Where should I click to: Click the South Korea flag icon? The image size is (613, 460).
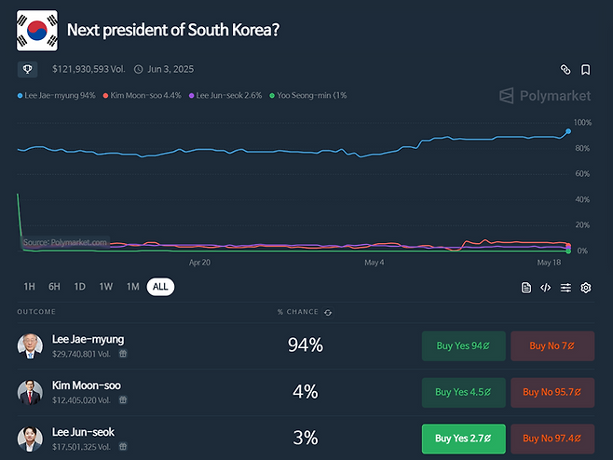point(37,30)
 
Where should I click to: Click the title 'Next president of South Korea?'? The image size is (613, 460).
point(173,30)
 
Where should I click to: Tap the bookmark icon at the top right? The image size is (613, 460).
point(586,70)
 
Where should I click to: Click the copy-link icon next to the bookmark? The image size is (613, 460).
point(565,70)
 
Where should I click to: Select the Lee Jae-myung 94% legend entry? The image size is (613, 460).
point(57,95)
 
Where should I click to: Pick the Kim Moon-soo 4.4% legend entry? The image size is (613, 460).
point(144,95)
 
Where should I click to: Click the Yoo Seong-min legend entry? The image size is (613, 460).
point(307,95)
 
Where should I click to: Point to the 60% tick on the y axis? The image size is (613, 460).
point(582,174)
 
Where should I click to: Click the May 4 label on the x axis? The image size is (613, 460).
point(375,263)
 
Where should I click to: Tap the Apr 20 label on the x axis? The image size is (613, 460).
point(200,263)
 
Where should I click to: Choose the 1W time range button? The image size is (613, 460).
point(106,287)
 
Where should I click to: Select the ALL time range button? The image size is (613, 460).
point(160,287)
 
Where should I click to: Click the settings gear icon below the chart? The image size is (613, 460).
point(586,288)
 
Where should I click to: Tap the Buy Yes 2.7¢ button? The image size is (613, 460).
point(463,439)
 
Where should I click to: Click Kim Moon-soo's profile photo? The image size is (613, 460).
point(30,392)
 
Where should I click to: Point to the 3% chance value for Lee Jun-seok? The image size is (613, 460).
point(306,438)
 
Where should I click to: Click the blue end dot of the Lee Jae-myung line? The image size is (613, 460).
point(568,132)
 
